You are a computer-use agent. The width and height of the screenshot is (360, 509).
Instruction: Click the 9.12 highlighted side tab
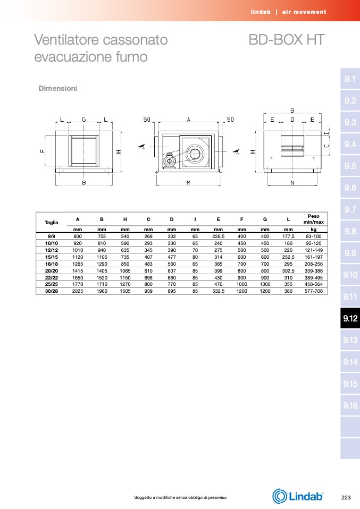[350, 318]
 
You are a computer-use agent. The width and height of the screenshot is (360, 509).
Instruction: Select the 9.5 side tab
[350, 166]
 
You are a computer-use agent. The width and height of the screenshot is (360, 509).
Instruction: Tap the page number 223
[346, 497]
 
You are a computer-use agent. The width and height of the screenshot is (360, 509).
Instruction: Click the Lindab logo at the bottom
[298, 496]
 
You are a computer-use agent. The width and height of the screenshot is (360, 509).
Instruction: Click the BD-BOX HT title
[286, 40]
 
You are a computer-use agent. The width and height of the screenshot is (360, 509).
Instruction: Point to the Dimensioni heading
[58, 88]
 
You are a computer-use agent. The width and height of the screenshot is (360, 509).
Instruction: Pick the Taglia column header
[52, 223]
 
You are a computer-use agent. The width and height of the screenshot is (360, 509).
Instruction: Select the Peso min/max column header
[314, 219]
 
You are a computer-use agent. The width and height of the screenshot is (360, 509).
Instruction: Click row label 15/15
[52, 257]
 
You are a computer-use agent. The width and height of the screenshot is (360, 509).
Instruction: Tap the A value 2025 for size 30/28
[78, 291]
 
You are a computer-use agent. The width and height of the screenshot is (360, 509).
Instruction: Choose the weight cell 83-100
[314, 236]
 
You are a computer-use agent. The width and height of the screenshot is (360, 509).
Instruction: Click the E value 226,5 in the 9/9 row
[219, 236]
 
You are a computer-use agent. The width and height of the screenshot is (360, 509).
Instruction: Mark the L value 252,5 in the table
[288, 257]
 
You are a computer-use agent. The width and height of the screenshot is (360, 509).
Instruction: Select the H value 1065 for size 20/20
[125, 271]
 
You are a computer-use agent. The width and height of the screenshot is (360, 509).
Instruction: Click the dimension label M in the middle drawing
[188, 183]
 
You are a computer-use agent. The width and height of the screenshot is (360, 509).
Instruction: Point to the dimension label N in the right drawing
[292, 183]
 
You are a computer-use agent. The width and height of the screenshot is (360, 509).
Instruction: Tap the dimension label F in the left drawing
[41, 151]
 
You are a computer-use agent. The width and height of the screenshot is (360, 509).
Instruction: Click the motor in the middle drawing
[170, 160]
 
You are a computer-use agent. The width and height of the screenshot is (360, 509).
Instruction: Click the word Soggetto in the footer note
[143, 497]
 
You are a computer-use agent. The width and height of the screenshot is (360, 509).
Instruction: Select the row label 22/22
[52, 278]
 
